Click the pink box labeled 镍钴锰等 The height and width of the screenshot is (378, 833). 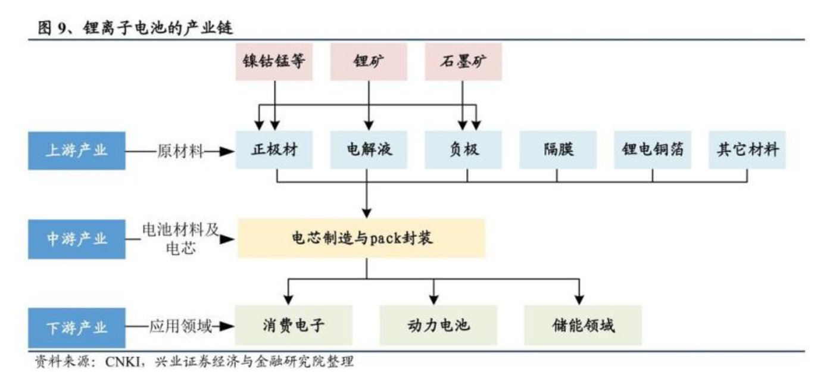(274, 61)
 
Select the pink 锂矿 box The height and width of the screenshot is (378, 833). (369, 61)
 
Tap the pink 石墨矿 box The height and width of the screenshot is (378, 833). (463, 61)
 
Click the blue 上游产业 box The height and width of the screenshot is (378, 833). (77, 150)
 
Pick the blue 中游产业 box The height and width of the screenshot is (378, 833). (77, 239)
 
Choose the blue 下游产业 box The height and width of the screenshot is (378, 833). (77, 327)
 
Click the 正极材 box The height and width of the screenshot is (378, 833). (274, 149)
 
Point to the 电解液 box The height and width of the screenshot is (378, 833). (369, 149)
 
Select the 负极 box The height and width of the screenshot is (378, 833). (463, 149)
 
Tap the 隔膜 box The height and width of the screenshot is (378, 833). (558, 149)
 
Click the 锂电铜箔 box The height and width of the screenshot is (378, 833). (653, 149)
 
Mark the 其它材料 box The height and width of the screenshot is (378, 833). (747, 149)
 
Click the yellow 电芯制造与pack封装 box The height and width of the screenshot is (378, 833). (361, 238)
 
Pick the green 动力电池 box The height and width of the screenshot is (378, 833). (438, 326)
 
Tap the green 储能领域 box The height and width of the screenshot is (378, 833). (583, 326)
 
